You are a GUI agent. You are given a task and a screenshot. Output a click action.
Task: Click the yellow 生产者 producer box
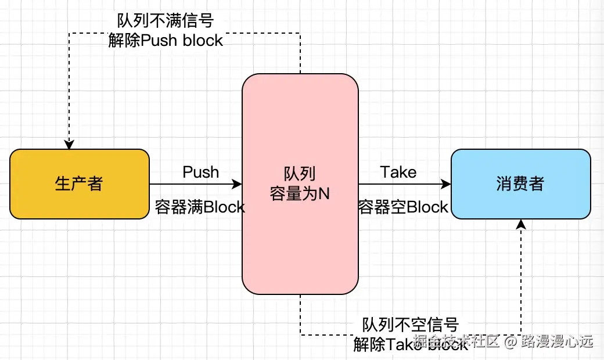(79, 184)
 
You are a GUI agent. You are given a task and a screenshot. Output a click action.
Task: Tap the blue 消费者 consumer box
(520, 184)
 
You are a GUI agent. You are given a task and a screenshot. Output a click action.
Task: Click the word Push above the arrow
(201, 172)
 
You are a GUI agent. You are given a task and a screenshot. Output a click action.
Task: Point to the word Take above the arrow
(398, 172)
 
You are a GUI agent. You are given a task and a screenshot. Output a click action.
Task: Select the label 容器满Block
(200, 207)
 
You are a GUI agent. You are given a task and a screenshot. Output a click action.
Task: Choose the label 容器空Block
(403, 207)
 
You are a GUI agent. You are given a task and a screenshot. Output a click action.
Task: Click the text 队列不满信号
(166, 21)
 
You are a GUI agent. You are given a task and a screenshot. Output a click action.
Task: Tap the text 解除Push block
(166, 41)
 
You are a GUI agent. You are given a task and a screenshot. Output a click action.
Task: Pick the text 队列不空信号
(411, 324)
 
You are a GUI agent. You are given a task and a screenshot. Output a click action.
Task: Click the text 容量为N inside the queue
(300, 193)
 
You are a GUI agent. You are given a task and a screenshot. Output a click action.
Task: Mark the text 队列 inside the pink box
(300, 174)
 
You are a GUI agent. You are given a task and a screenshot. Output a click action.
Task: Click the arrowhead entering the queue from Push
(237, 184)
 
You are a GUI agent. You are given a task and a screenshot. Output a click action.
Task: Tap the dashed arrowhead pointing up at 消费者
(521, 224)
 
